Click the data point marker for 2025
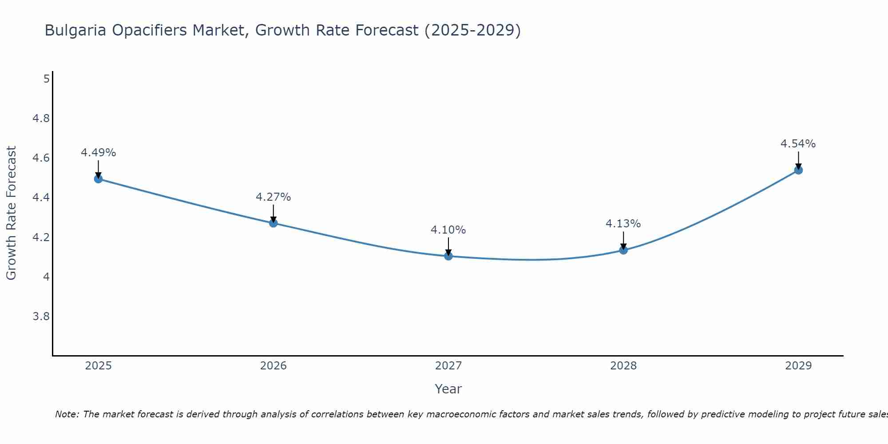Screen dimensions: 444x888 tap(98, 179)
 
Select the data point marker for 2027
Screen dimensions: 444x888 tap(448, 256)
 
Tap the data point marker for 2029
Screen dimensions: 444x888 tap(798, 170)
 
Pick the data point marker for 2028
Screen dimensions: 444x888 tap(623, 250)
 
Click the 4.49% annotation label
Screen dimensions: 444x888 tap(98, 153)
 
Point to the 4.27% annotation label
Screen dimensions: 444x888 tap(273, 197)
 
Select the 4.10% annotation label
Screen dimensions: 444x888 tap(448, 230)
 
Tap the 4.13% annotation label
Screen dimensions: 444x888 tap(623, 224)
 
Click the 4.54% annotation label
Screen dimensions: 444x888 tap(798, 144)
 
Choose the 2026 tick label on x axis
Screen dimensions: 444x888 tap(273, 366)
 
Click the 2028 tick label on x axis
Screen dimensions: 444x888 tap(623, 366)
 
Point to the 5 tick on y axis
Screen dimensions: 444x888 tap(46, 79)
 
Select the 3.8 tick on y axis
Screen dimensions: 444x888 tap(41, 317)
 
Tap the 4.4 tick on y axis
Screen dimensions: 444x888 tap(41, 198)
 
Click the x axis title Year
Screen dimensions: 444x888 tap(448, 389)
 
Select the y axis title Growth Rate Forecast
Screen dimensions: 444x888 tap(11, 213)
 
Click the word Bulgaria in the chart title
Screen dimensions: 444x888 tap(75, 31)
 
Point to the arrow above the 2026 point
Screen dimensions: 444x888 tap(273, 214)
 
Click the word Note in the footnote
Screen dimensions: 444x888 tap(67, 414)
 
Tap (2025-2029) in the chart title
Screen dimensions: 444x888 tap(472, 31)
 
